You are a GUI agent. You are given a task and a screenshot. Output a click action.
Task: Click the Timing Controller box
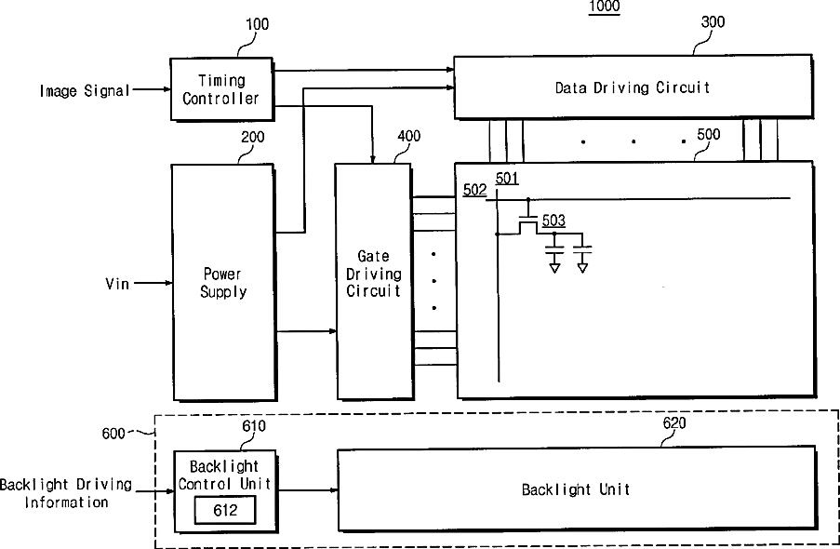(x=221, y=89)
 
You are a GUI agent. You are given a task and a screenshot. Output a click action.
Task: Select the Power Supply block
(x=223, y=282)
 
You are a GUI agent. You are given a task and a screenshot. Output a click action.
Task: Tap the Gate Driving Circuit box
(x=374, y=281)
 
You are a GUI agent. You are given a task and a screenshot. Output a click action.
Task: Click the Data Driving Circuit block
(x=633, y=87)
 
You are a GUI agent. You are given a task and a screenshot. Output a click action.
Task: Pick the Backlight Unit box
(x=577, y=489)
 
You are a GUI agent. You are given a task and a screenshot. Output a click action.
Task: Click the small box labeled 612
(x=225, y=510)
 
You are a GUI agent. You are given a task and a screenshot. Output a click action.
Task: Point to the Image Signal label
(x=85, y=90)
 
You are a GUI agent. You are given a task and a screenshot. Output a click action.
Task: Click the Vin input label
(x=117, y=283)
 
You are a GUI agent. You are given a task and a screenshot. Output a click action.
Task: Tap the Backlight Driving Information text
(x=66, y=493)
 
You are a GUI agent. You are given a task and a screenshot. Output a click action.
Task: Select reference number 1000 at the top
(x=605, y=7)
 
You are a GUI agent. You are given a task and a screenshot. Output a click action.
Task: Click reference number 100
(x=257, y=24)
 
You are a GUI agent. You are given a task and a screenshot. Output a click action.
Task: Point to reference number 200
(x=252, y=138)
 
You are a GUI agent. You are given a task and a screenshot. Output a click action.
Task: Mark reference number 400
(x=408, y=136)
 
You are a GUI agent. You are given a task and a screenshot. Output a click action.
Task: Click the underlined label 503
(x=553, y=221)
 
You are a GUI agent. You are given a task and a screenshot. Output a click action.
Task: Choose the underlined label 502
(x=474, y=190)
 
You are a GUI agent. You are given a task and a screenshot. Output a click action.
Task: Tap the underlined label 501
(x=507, y=178)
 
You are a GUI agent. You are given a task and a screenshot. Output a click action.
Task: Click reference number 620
(x=673, y=423)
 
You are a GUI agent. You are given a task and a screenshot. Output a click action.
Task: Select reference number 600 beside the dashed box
(x=113, y=434)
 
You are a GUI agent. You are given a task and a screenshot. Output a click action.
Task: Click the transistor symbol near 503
(x=527, y=222)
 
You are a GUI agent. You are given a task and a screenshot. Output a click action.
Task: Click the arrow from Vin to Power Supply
(x=153, y=283)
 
